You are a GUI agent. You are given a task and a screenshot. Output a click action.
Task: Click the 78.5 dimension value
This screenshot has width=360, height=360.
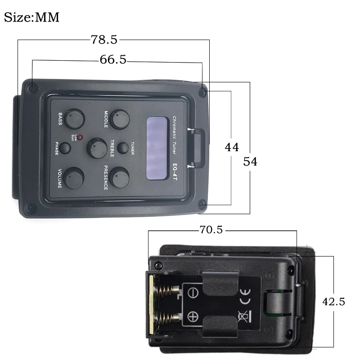click(104, 40)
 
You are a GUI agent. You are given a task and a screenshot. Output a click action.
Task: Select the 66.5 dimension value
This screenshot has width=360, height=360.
click(113, 60)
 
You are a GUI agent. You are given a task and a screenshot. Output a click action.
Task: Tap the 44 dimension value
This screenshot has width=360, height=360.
click(232, 147)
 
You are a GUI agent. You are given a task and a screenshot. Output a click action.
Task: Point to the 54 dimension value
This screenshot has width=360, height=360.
click(250, 161)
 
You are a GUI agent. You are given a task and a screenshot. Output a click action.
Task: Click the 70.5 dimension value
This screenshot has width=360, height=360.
click(211, 229)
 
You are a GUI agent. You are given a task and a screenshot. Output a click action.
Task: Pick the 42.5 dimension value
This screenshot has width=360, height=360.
click(333, 301)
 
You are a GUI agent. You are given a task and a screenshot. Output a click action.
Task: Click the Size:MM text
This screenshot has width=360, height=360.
click(31, 17)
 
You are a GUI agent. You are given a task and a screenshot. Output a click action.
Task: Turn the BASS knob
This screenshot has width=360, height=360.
click(74, 118)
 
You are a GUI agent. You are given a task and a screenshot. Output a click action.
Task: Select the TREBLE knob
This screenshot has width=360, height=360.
click(97, 147)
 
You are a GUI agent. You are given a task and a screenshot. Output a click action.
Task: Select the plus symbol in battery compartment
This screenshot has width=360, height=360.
click(193, 317)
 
